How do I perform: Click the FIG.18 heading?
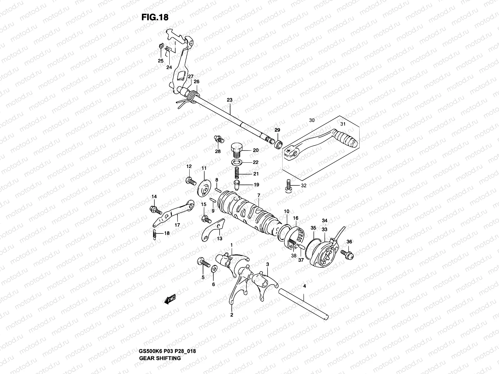pos(155,17)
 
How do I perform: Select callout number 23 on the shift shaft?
pos(230,100)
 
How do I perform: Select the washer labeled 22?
pos(237,162)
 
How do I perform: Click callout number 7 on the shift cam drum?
pos(259,195)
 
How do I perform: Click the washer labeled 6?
pos(214,269)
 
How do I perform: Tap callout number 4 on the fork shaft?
pos(304,285)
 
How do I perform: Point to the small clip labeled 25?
pos(160,47)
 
